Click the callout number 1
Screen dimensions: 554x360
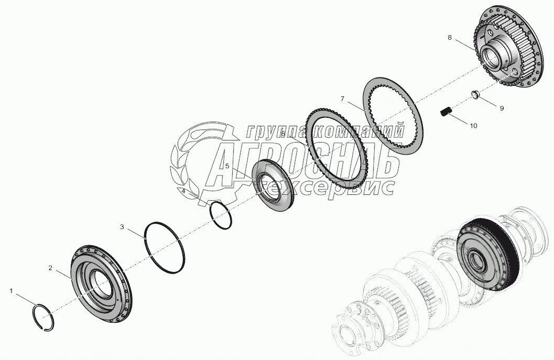pyautogui.click(x=12, y=289)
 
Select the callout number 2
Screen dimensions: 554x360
pyautogui.click(x=50, y=268)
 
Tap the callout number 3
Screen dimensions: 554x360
pyautogui.click(x=122, y=227)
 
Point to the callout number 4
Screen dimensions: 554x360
pyautogui.click(x=183, y=192)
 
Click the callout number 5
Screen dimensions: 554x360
pyautogui.click(x=227, y=166)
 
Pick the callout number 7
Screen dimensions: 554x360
pyautogui.click(x=342, y=99)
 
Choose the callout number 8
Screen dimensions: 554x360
pyautogui.click(x=450, y=38)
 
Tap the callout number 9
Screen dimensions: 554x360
pyautogui.click(x=502, y=108)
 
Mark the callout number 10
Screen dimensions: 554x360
pyautogui.click(x=473, y=126)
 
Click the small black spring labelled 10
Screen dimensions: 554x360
pyautogui.click(x=446, y=112)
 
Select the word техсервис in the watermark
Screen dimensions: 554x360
pyautogui.click(x=328, y=188)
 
